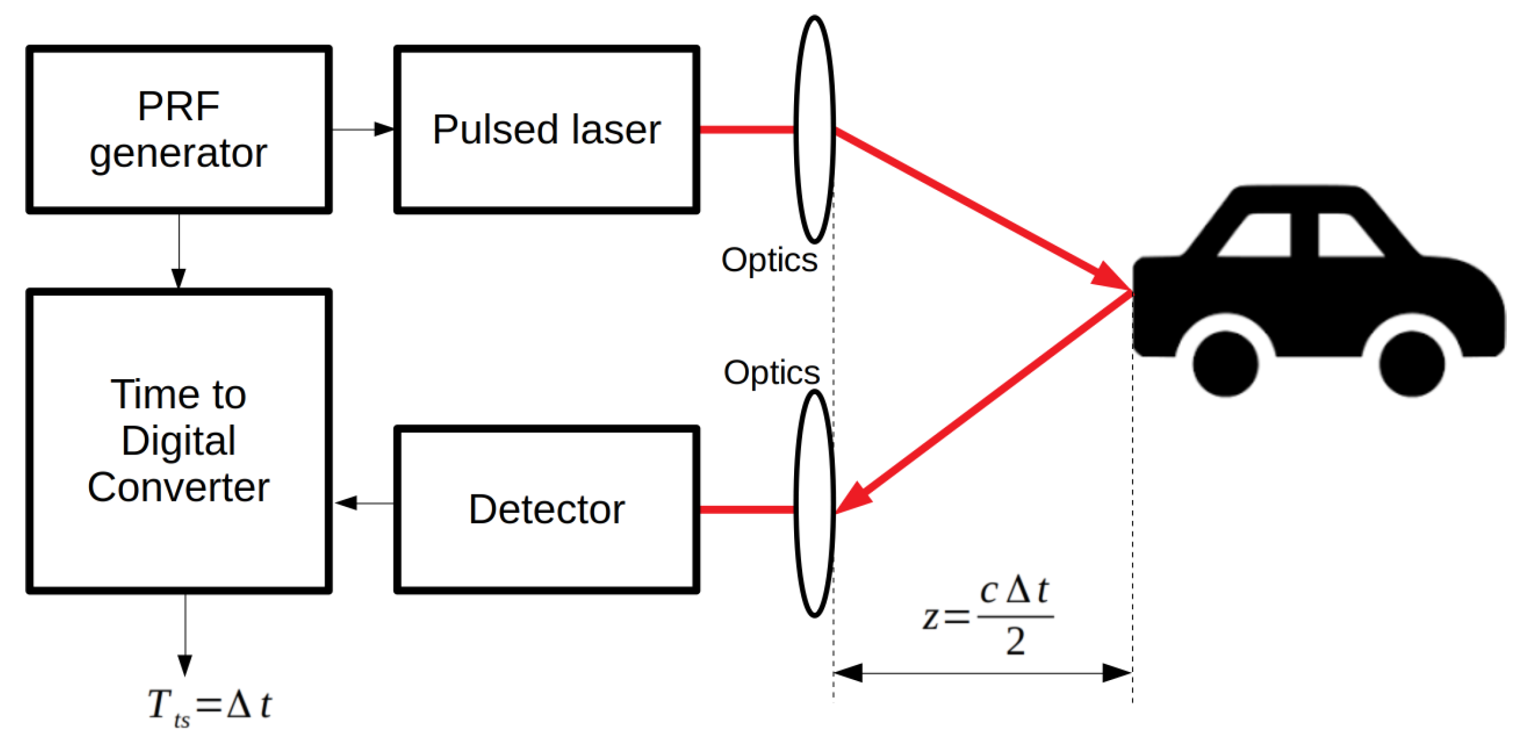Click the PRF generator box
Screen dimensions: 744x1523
(179, 129)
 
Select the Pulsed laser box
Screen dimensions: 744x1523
(546, 129)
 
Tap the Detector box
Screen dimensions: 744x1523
(546, 509)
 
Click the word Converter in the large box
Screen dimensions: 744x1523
(179, 488)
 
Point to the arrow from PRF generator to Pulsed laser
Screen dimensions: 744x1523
(362, 129)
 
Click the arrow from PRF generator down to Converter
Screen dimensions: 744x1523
(179, 251)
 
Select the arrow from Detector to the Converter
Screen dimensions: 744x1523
(364, 503)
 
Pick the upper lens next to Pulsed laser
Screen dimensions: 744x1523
(814, 129)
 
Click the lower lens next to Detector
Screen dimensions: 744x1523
(814, 503)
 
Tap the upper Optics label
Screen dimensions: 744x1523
(769, 259)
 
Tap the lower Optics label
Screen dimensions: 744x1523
(771, 372)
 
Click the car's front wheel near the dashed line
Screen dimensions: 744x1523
(1225, 364)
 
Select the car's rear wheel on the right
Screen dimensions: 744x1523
(1411, 364)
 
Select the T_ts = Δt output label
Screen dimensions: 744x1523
(209, 706)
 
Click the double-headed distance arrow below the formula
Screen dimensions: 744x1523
(982, 673)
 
